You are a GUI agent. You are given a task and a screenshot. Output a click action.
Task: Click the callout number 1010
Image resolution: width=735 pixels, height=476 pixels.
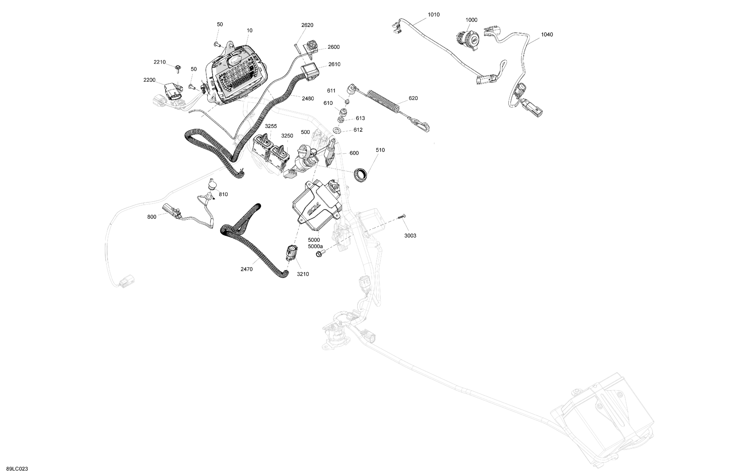(434, 14)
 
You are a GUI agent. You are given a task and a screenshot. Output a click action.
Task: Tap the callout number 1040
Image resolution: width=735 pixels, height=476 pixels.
(547, 35)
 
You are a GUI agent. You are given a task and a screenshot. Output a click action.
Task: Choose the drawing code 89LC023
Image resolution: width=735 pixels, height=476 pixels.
(17, 469)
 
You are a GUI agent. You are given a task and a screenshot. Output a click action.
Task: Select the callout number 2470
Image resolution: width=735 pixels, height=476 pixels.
(247, 269)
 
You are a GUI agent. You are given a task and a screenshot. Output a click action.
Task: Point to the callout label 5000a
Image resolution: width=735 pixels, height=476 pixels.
(315, 246)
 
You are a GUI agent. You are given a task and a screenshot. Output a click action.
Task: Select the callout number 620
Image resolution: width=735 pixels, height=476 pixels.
(413, 98)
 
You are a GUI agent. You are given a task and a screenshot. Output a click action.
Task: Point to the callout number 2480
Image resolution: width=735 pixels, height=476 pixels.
(308, 98)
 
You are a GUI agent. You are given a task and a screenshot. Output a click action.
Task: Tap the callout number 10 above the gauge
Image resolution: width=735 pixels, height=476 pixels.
(249, 30)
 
